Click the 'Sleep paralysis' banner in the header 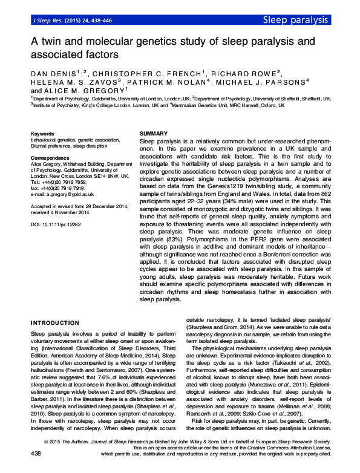tap(295, 20)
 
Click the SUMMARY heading tap(152, 132)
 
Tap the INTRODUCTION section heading tap(54, 323)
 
